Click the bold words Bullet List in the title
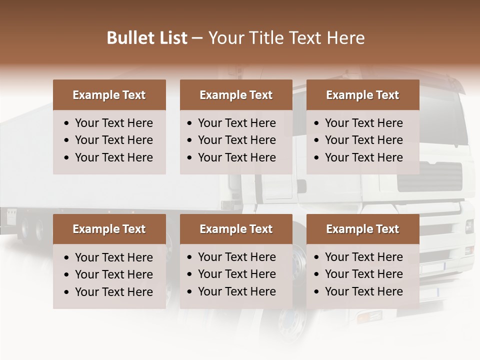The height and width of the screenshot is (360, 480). click(147, 38)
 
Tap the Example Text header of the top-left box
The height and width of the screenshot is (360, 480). click(109, 95)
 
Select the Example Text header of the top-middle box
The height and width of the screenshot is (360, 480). click(236, 95)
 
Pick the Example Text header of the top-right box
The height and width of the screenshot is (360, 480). click(362, 95)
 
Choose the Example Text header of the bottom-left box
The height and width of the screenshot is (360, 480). click(109, 229)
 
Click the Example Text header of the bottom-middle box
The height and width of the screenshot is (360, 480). click(236, 229)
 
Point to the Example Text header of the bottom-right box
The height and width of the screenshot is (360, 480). click(362, 229)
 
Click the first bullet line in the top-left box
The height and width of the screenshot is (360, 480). click(113, 123)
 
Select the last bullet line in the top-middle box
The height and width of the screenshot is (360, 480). click(236, 157)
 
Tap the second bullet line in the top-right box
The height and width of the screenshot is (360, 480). click(363, 140)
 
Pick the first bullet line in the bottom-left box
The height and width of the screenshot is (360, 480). click(113, 257)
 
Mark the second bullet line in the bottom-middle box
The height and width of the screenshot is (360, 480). click(236, 274)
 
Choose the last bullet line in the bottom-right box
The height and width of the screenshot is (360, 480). click(363, 291)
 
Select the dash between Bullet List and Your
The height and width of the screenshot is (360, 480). click(197, 38)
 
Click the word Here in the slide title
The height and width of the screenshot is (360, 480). click(345, 38)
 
